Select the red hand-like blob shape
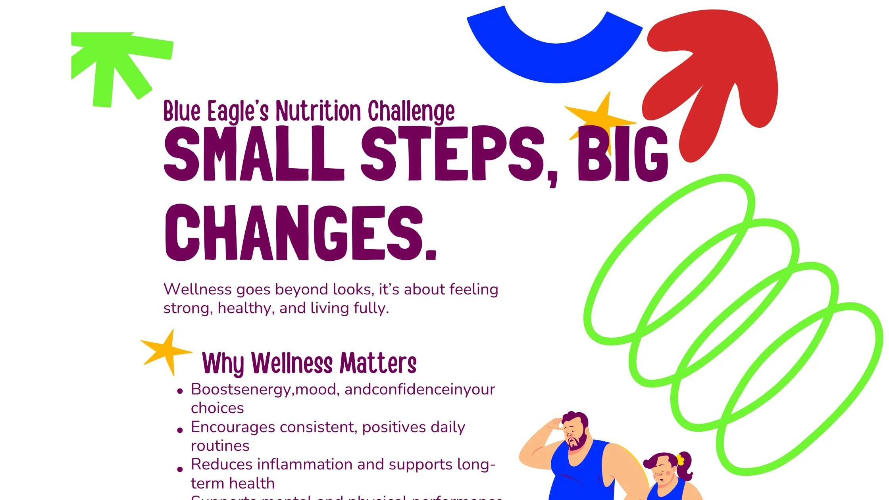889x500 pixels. click(x=714, y=71)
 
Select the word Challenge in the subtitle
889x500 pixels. click(x=411, y=112)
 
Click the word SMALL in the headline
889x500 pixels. click(x=254, y=155)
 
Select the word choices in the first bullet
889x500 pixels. click(x=217, y=408)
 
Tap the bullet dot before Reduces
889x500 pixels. click(x=180, y=469)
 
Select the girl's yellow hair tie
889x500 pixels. click(x=680, y=460)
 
